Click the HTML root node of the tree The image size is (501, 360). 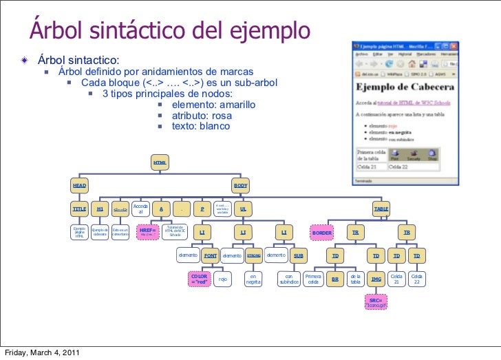[160, 162]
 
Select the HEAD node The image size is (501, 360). [80, 186]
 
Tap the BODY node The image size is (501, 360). [240, 186]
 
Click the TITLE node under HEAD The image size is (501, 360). [79, 209]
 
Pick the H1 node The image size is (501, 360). [100, 209]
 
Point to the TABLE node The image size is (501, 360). [381, 209]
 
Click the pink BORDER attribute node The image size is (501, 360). [322, 233]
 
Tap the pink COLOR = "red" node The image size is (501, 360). [199, 279]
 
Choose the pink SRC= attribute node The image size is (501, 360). [375, 303]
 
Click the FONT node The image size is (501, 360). [211, 256]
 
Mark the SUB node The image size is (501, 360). [298, 256]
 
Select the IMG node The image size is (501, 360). [376, 279]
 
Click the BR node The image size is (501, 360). [335, 279]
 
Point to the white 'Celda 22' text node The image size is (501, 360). [416, 279]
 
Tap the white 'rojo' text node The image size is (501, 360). [222, 279]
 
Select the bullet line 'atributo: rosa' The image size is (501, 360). [202, 116]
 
